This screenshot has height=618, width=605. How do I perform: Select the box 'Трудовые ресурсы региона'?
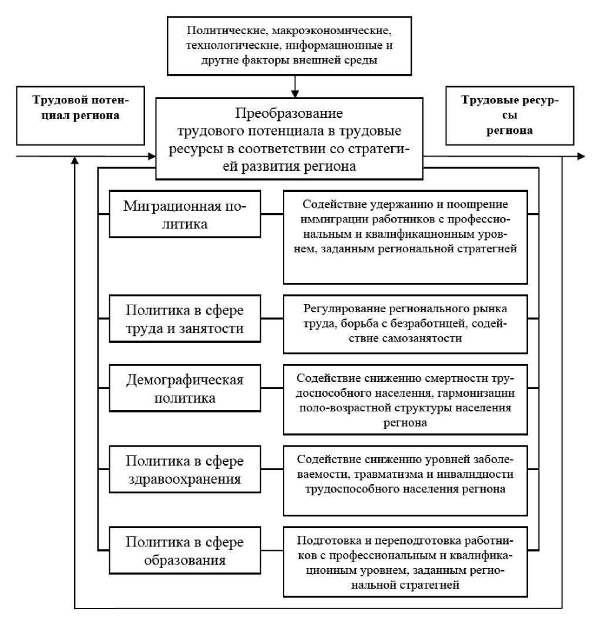point(509,116)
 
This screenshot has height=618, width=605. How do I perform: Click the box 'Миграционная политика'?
point(184,214)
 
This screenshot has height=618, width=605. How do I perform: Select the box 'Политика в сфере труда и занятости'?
point(184,319)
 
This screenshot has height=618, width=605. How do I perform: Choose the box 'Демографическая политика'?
point(184,389)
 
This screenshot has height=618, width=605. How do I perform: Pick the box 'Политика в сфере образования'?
point(184,549)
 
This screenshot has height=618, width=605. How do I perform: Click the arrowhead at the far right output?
point(581,156)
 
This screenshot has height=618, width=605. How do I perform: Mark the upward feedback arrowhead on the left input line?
point(75,161)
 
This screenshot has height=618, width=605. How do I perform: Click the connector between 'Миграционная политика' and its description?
point(271,214)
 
